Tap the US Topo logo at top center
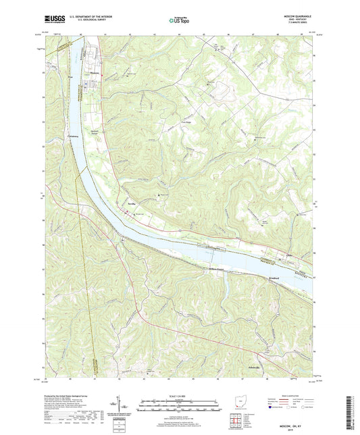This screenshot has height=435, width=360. (180, 21)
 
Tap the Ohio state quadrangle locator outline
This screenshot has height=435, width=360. (234, 403)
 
